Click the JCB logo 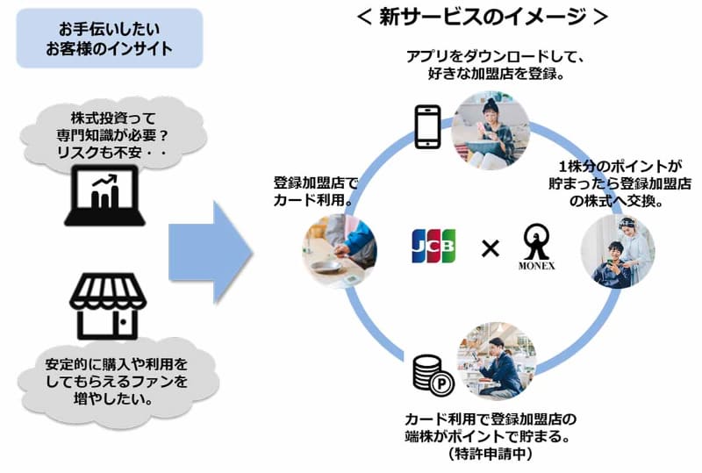433,246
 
